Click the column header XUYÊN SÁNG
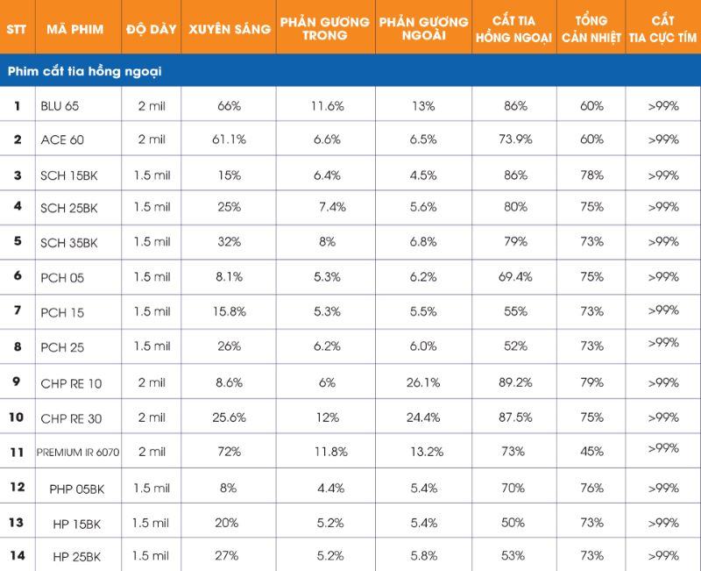[x=230, y=29]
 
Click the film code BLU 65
[x=60, y=106]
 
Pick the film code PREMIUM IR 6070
[x=78, y=452]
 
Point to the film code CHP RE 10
[x=72, y=384]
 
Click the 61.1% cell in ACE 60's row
[x=230, y=139]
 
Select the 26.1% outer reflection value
[x=423, y=382]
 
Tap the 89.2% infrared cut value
[x=515, y=382]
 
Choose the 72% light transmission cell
[x=230, y=451]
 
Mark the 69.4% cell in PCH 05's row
[x=515, y=277]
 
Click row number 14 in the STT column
[x=17, y=554]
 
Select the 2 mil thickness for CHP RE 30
[x=152, y=418]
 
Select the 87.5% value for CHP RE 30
[x=515, y=418]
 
